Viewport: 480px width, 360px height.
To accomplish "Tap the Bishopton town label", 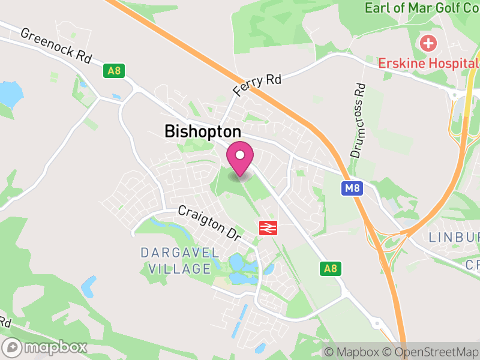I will pos(203,132).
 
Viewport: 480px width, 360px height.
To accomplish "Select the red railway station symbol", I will pos(268,227).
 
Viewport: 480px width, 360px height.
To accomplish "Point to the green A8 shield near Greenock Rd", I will pos(113,71).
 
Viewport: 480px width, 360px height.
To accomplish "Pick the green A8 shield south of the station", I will pos(330,268).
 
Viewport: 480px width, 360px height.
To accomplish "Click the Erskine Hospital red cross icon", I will pos(428,43).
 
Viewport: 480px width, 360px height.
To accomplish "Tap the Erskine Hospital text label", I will pos(428,63).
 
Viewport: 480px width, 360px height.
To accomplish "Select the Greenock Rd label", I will pos(56,46).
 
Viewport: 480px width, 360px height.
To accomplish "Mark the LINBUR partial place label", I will pos(454,237).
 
